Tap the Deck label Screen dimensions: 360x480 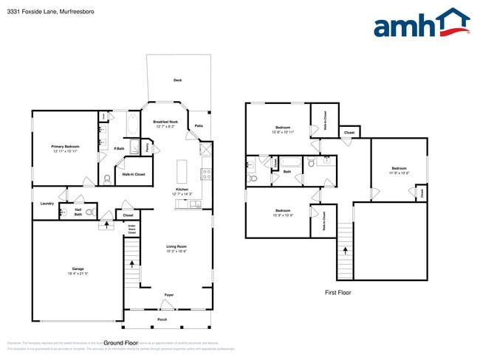tap(177, 80)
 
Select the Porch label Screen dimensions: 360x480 tap(162, 319)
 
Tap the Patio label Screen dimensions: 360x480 tap(199, 126)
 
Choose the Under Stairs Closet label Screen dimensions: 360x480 tap(131, 229)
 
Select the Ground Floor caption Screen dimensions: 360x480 tap(122, 343)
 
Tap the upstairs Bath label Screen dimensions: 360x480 tap(287, 172)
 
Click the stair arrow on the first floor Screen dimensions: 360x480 tap(345, 251)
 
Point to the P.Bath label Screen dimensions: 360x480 tap(120, 149)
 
